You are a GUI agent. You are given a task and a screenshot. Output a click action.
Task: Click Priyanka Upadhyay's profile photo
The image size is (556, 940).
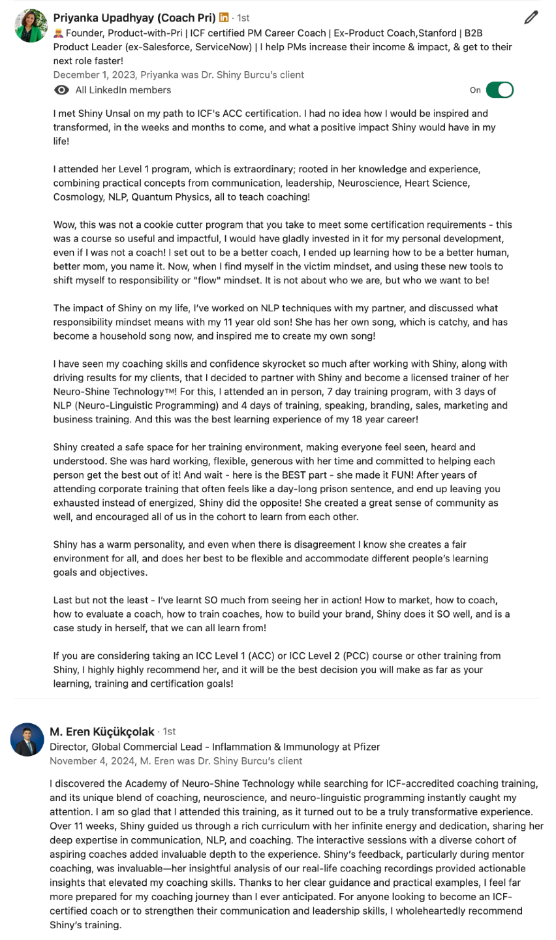tap(31, 25)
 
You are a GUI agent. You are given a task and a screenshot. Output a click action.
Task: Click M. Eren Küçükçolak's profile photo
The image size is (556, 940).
tap(27, 740)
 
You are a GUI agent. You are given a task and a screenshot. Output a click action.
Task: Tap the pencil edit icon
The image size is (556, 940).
tap(531, 18)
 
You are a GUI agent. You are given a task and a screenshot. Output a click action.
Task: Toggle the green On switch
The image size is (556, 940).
tap(500, 90)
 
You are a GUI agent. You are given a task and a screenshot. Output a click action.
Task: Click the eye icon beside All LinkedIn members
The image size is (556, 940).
tap(61, 90)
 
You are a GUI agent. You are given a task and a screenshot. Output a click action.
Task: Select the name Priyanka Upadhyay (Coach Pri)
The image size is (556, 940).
tap(134, 18)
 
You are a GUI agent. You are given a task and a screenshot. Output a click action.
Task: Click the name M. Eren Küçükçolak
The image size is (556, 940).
tap(102, 731)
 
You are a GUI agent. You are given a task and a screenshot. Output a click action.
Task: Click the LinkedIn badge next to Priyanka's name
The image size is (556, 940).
tap(224, 18)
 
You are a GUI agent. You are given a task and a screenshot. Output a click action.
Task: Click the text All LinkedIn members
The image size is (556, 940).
tap(123, 90)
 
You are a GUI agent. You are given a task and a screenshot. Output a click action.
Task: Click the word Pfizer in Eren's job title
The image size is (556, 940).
tap(365, 747)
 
